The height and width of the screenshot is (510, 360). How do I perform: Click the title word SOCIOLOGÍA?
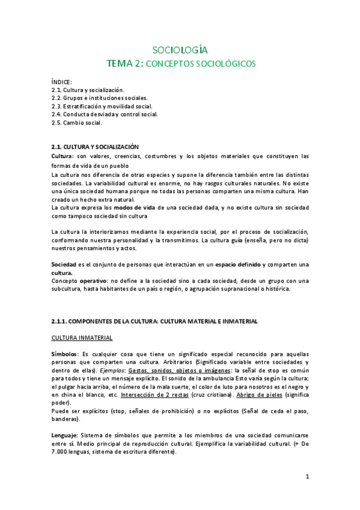(180, 50)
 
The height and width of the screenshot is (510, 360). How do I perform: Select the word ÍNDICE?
(62, 82)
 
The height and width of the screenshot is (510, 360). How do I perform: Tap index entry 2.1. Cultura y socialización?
(88, 90)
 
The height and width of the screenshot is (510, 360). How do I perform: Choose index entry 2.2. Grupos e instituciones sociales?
(100, 98)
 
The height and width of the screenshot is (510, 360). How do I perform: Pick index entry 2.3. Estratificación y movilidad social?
(102, 106)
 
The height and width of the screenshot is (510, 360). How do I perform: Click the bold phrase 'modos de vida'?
(134, 207)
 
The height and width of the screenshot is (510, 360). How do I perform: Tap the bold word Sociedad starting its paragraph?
(64, 265)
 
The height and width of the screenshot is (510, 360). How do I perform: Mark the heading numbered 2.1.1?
(154, 321)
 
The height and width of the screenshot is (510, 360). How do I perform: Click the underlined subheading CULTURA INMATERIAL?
(82, 337)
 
